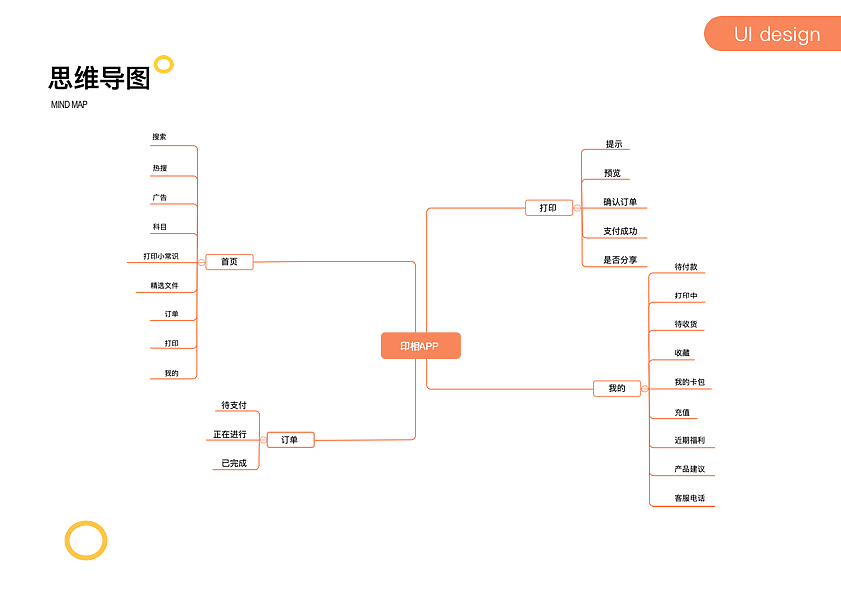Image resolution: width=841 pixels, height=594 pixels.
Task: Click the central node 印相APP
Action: pos(420,346)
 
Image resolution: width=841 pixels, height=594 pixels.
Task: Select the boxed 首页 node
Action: pos(229,262)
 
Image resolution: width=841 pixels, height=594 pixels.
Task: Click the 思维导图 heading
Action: pos(99,79)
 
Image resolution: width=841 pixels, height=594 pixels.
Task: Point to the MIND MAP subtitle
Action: pos(69,105)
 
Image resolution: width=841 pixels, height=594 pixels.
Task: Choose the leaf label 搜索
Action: pos(160,137)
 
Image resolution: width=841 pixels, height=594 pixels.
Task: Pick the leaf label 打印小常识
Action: pos(161,256)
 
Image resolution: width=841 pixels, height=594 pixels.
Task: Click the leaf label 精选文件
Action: pos(164,286)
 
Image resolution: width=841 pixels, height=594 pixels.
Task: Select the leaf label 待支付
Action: pos(234,405)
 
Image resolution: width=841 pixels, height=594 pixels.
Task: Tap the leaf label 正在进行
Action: pos(230,434)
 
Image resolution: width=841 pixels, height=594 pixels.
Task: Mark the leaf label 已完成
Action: pos(234,463)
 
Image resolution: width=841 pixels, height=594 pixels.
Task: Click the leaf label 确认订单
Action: pos(620,202)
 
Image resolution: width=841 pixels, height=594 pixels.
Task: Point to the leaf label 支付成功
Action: pos(620,231)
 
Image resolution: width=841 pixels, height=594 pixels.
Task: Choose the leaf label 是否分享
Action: pos(620,260)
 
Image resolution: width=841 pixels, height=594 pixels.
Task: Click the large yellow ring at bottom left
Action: pos(86,540)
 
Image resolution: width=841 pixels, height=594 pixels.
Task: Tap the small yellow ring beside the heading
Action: pos(164,65)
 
